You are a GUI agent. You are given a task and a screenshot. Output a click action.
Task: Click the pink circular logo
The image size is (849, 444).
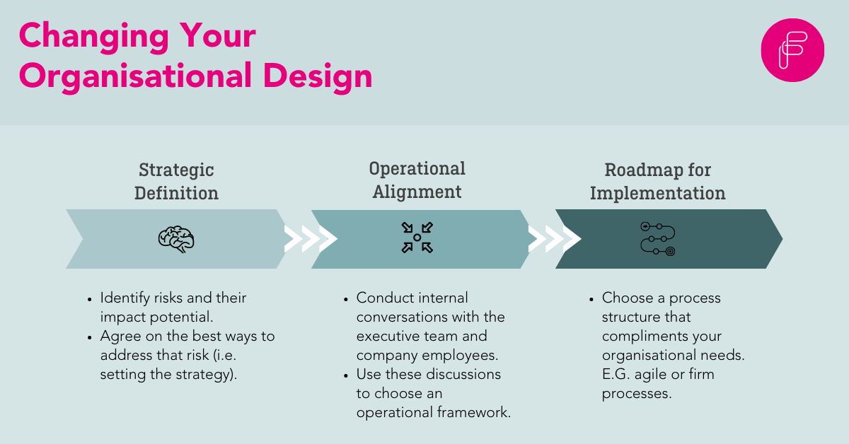click(x=792, y=50)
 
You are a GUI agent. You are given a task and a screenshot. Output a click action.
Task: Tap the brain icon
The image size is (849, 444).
click(x=175, y=239)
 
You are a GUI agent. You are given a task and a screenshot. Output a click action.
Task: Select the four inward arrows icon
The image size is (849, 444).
click(x=417, y=238)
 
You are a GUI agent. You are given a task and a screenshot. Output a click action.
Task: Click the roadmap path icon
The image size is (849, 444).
click(x=657, y=238)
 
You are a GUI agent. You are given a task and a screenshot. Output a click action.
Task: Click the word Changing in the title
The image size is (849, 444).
click(x=88, y=36)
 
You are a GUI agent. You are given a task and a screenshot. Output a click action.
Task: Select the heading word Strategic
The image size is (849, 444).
click(x=176, y=170)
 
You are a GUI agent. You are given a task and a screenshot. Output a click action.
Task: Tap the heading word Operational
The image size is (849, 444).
click(x=417, y=168)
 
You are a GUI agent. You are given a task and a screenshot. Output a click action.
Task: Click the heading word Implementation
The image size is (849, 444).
click(x=658, y=193)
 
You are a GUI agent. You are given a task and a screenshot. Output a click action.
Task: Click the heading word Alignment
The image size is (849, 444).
click(x=417, y=192)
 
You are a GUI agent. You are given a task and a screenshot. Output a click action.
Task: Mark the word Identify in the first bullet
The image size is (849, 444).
click(x=125, y=298)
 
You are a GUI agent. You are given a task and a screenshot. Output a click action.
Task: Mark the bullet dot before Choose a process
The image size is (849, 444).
click(x=591, y=299)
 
